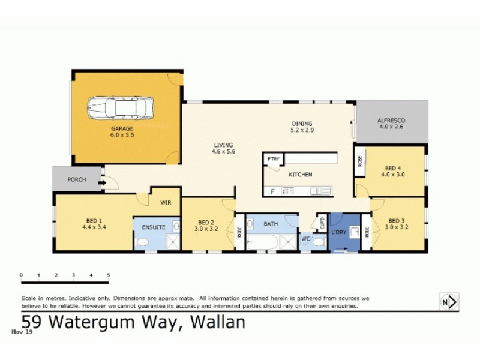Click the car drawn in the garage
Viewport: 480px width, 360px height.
(121, 107)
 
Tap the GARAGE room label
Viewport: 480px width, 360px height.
(122, 128)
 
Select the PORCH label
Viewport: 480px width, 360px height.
(77, 179)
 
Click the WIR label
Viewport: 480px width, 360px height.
(166, 203)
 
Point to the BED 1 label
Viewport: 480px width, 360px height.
(94, 220)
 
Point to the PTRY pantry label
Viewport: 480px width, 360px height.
(274, 160)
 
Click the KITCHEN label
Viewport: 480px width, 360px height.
(301, 175)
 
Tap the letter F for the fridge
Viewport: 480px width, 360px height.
(272, 191)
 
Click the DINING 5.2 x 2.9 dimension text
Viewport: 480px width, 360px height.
(302, 130)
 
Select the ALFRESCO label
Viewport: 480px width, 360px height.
(392, 121)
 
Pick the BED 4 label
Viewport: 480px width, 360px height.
(393, 167)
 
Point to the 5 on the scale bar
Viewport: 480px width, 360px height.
(109, 275)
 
